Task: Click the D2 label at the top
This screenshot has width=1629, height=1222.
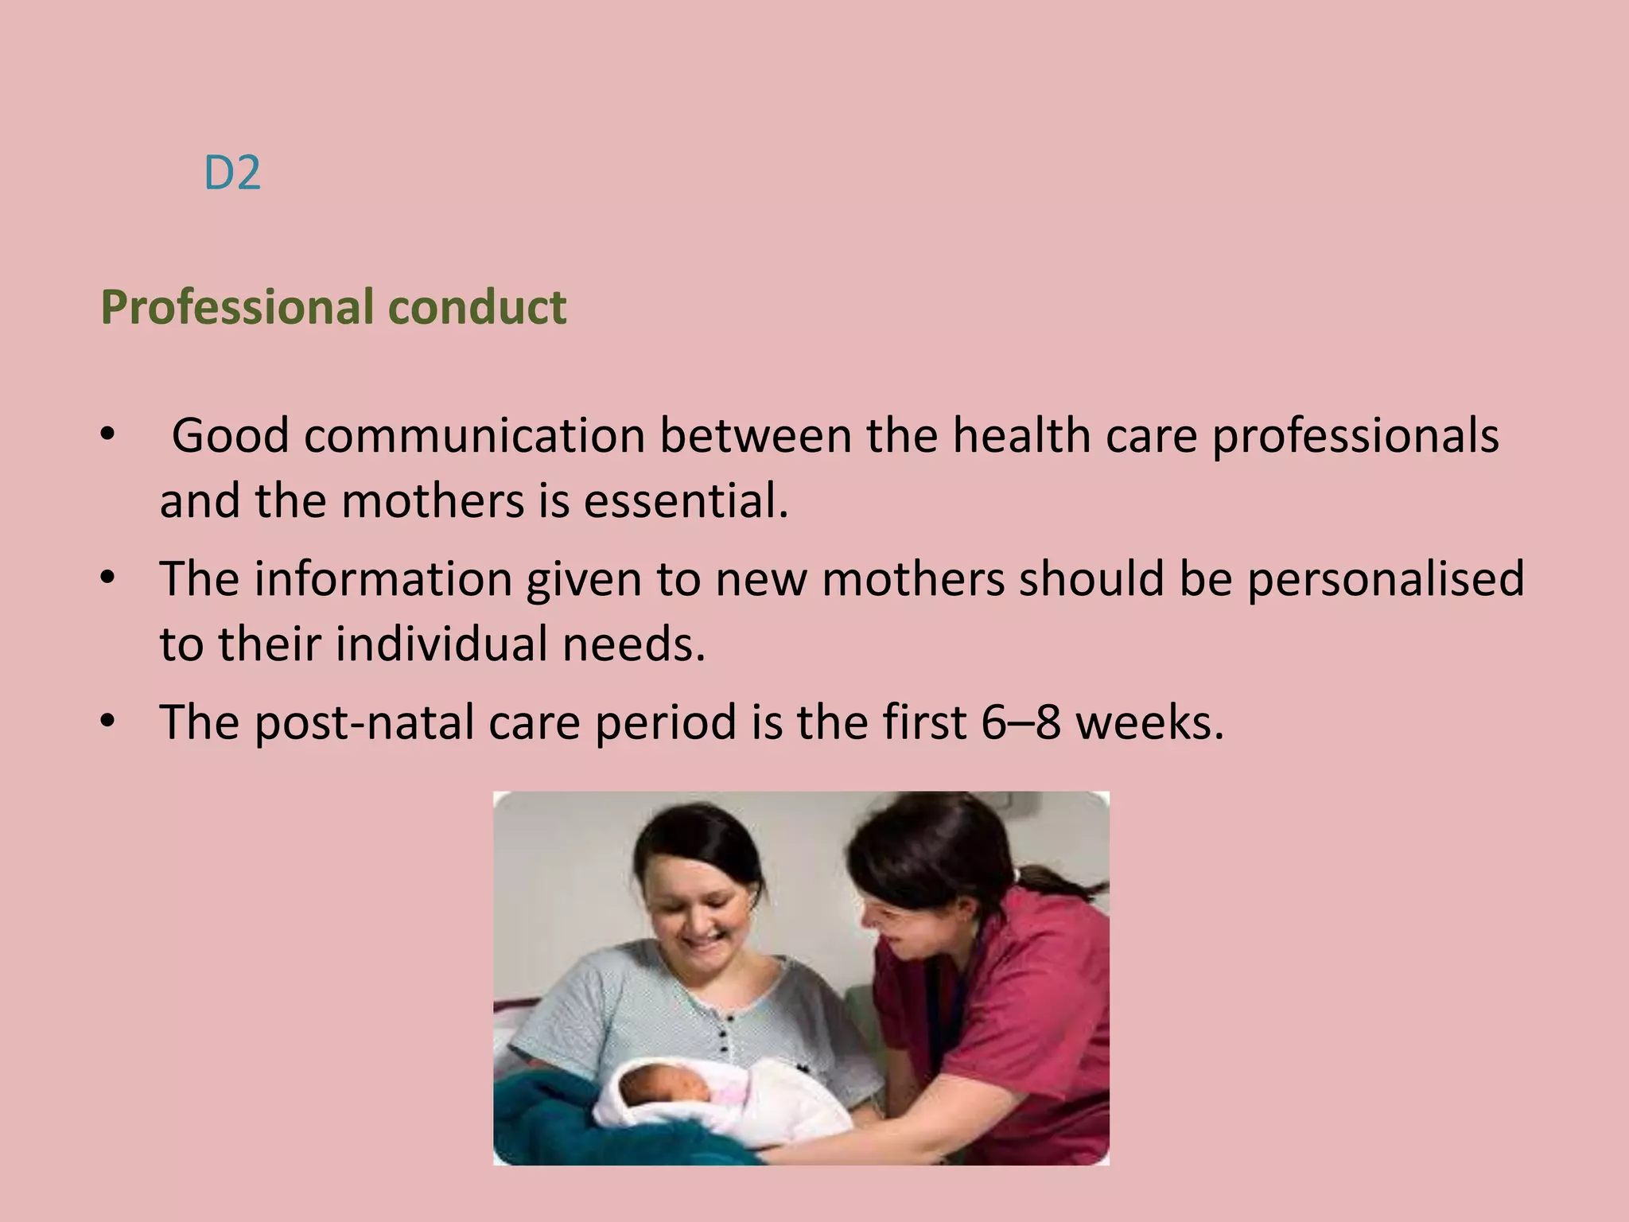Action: [231, 173]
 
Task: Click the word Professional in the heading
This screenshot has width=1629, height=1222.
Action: [237, 308]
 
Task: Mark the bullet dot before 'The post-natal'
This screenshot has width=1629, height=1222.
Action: [109, 721]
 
